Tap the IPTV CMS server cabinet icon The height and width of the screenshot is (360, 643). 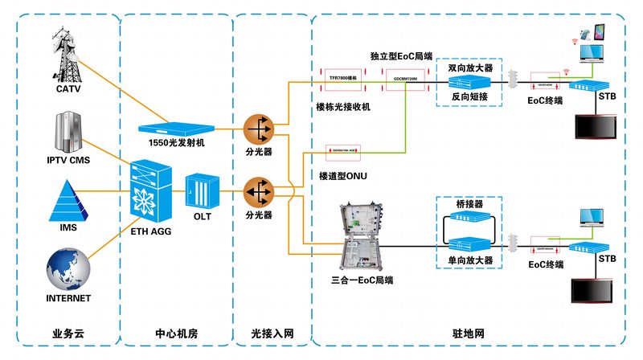[68, 133]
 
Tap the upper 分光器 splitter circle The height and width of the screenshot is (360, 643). [258, 127]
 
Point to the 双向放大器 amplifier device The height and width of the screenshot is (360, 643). [469, 82]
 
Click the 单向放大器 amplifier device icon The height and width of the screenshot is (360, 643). [469, 243]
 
